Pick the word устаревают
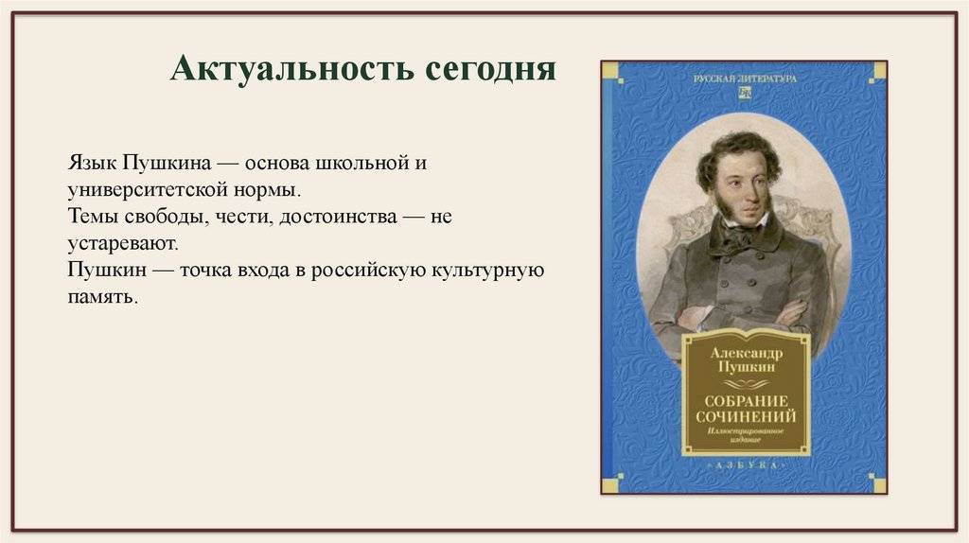coord(123,243)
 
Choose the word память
coord(102,297)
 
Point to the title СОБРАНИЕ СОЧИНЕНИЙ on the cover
coord(747,408)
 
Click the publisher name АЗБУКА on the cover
coord(746,466)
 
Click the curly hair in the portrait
coord(738,151)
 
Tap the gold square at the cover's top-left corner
coord(610,71)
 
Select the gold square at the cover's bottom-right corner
coord(879,485)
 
